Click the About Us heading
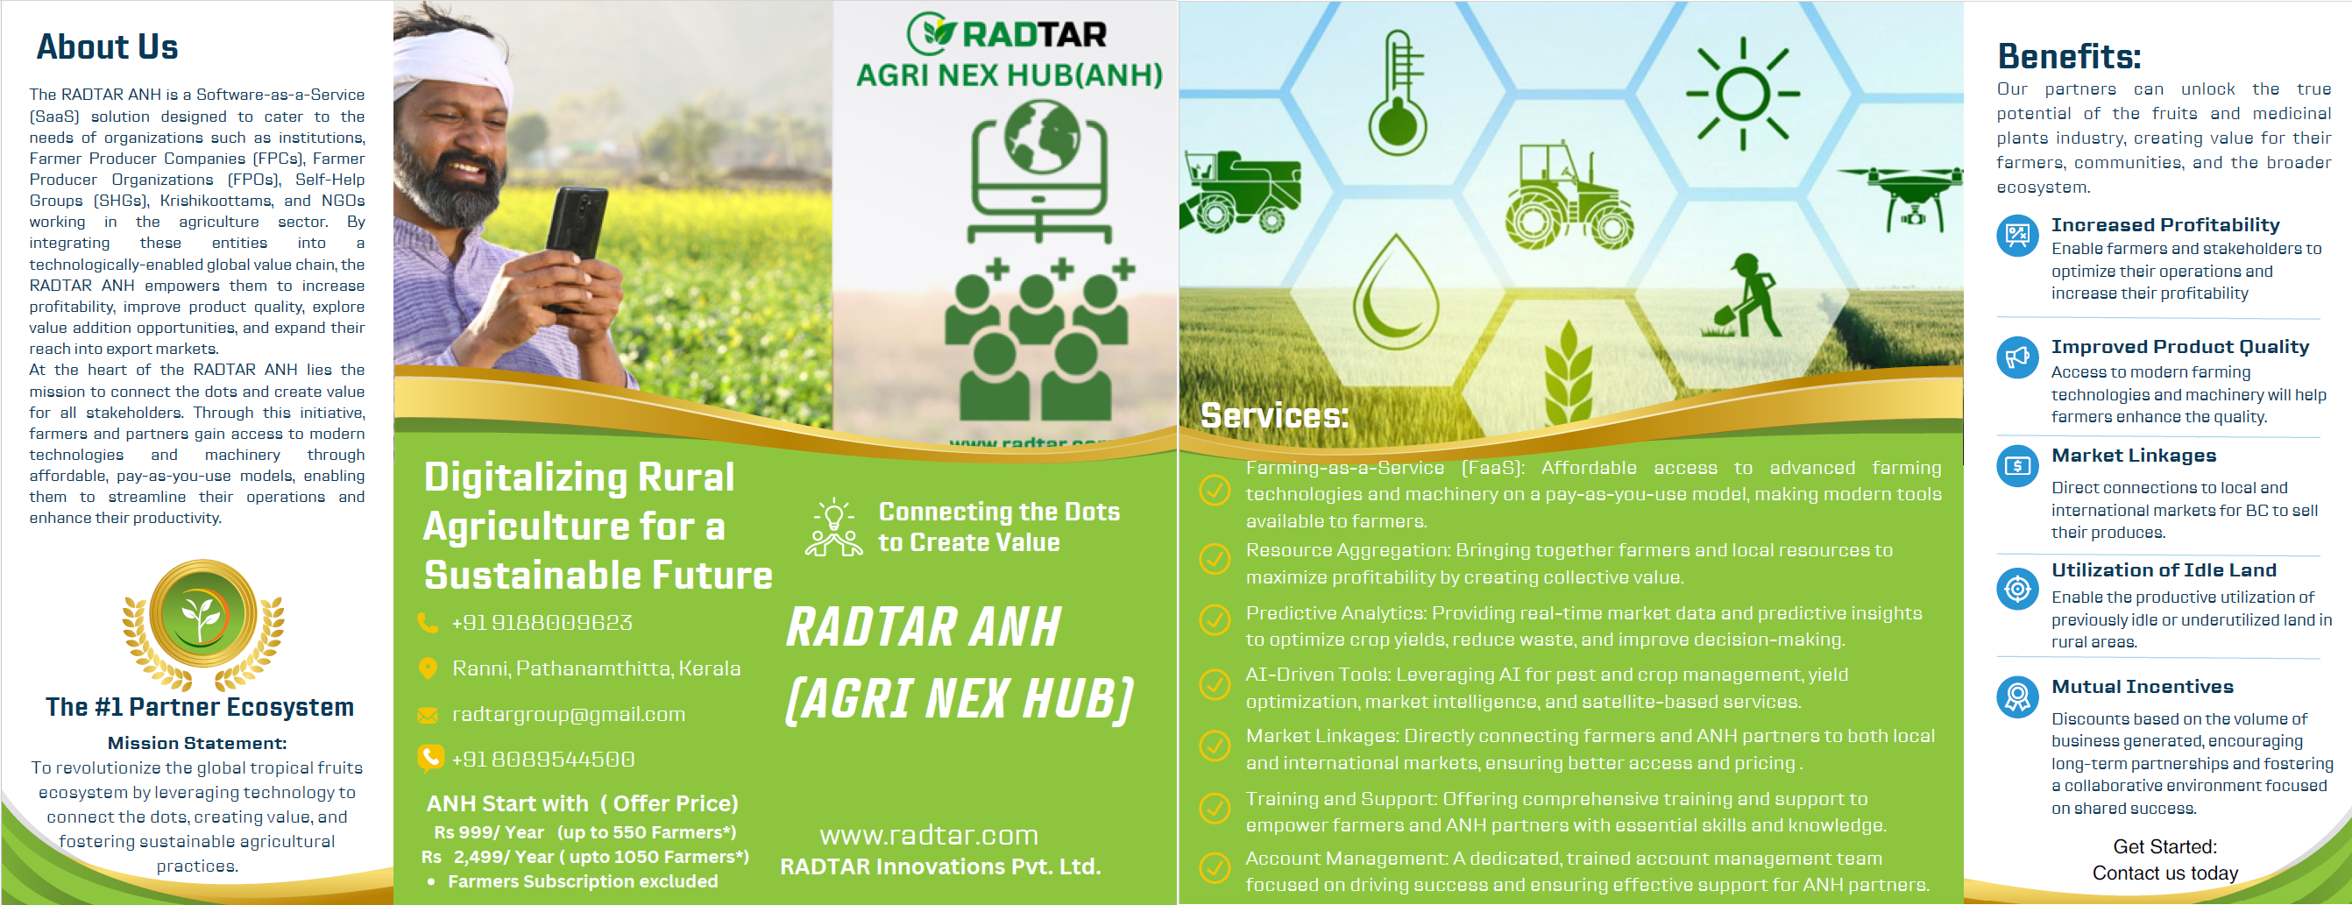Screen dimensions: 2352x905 tap(107, 46)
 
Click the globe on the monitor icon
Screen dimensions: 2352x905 tap(1041, 136)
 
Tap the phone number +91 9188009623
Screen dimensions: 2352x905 tap(542, 623)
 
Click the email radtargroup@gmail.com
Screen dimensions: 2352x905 tap(568, 714)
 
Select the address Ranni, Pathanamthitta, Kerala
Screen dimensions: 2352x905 tap(596, 668)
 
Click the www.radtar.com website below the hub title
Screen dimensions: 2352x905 tap(929, 835)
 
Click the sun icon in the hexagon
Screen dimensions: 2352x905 tap(1742, 93)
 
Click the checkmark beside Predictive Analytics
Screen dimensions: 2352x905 tap(1215, 620)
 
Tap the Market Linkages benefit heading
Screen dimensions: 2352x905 tap(2133, 456)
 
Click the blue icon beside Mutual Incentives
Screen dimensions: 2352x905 tap(2017, 697)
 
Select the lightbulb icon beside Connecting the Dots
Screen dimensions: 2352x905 tap(833, 527)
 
